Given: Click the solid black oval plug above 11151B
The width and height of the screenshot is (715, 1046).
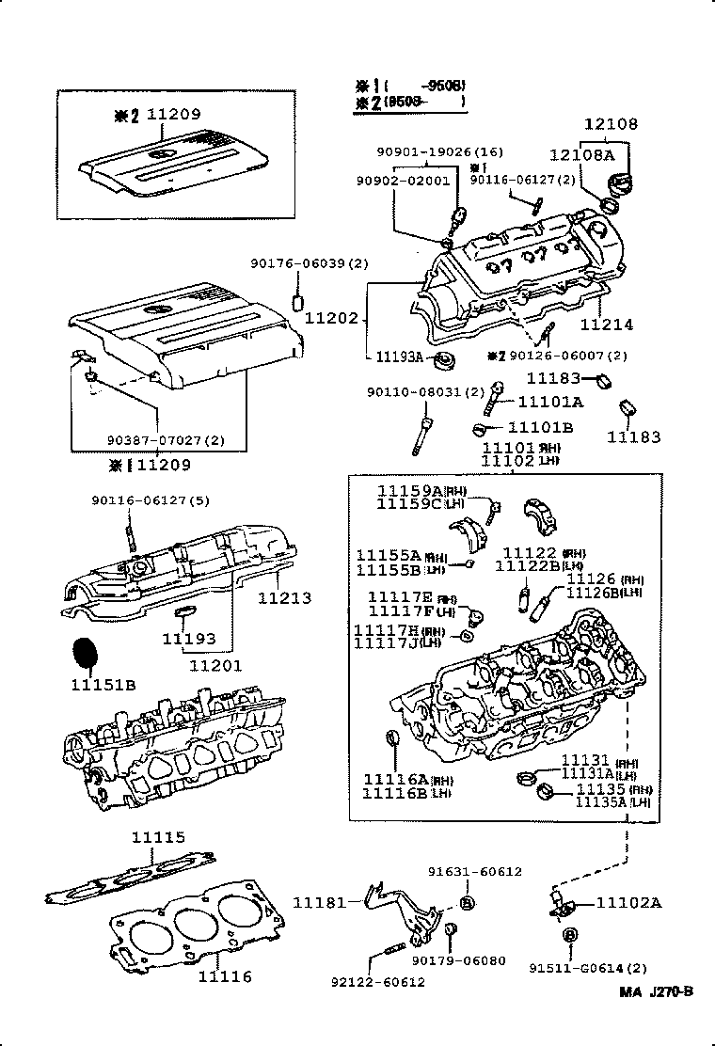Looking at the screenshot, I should coord(85,653).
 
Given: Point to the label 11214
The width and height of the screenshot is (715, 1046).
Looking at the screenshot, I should coord(606,325).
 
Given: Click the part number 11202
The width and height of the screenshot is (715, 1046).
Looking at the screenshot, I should coord(332,320).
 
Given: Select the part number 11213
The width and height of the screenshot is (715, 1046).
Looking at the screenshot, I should coord(284,598).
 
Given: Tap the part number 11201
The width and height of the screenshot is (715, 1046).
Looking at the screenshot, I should coord(215,665).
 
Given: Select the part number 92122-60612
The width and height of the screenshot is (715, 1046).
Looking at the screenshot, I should coord(377,982).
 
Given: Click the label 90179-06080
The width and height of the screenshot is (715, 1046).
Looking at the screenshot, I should coord(458,960).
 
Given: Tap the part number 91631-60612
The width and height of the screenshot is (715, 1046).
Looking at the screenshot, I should coord(475,871).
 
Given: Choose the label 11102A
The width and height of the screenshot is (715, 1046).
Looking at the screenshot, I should coord(628,903).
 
